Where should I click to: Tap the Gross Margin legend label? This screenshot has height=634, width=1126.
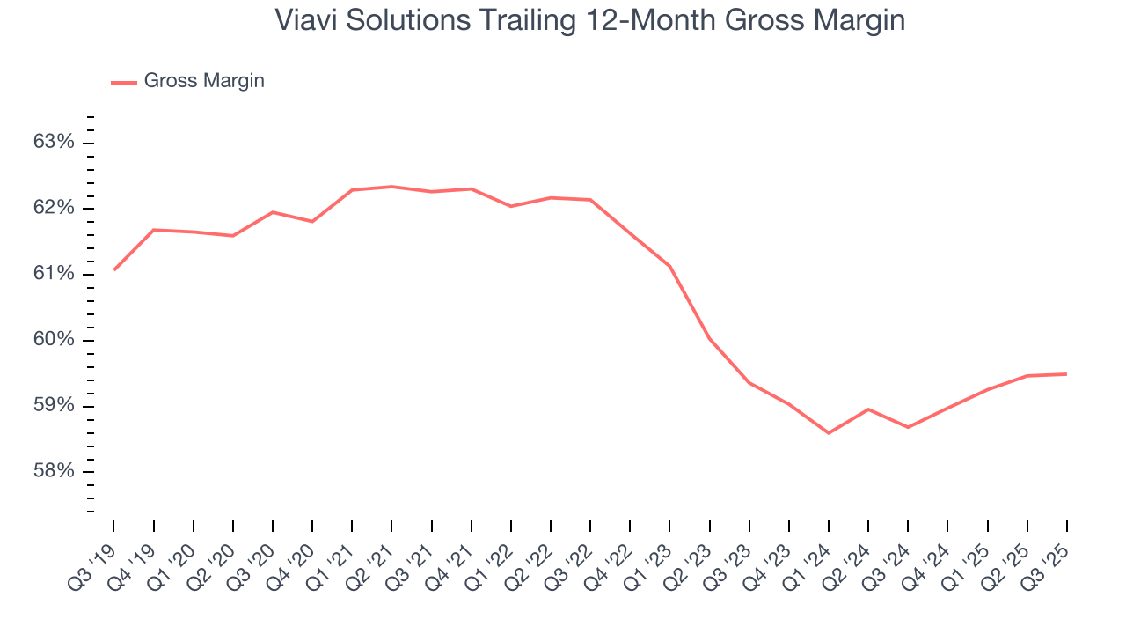click(204, 81)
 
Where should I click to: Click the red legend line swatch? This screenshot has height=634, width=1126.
click(124, 82)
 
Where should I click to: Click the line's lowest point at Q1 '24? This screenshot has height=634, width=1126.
click(829, 433)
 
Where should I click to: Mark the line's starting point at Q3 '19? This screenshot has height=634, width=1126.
click(114, 269)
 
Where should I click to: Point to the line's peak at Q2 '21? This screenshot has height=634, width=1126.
click(391, 187)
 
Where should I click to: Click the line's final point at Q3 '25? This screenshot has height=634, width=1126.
click(1066, 374)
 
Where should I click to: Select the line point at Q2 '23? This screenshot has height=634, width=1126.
click(709, 338)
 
